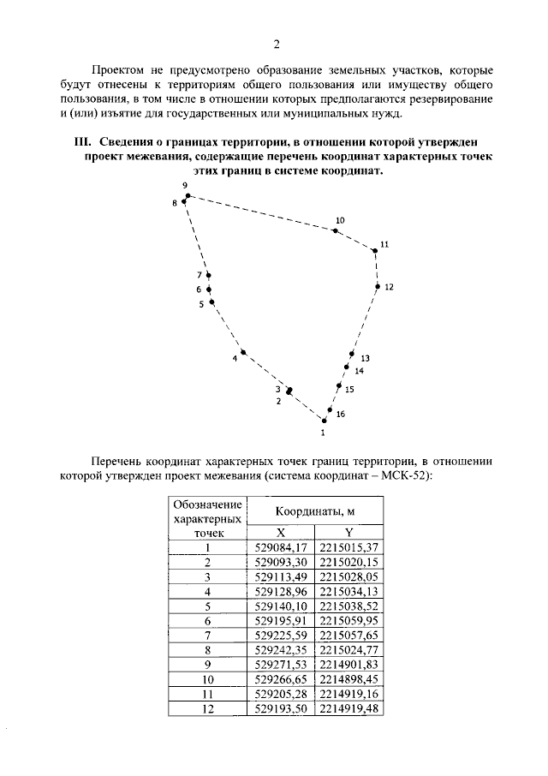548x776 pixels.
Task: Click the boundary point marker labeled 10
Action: coord(336,230)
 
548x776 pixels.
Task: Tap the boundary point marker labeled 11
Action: coord(375,250)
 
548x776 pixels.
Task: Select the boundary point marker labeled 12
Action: coord(377,287)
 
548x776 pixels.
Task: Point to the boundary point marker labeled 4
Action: coord(243,352)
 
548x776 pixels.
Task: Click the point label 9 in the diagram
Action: coord(184,186)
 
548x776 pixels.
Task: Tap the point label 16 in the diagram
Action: coord(340,415)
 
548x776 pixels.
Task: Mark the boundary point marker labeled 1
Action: coord(324,420)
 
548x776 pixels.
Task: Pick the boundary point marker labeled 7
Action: coord(208,275)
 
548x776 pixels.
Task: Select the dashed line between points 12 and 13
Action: coord(365,320)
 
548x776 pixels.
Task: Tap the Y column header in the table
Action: coord(348,532)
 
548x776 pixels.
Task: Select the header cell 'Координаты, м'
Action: coord(314,511)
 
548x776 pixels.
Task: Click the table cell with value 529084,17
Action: coord(281,546)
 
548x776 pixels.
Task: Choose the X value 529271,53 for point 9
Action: coord(281,665)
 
